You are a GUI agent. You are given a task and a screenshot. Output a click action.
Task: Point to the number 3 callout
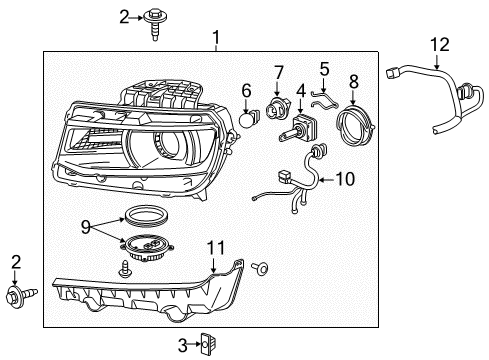182,345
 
